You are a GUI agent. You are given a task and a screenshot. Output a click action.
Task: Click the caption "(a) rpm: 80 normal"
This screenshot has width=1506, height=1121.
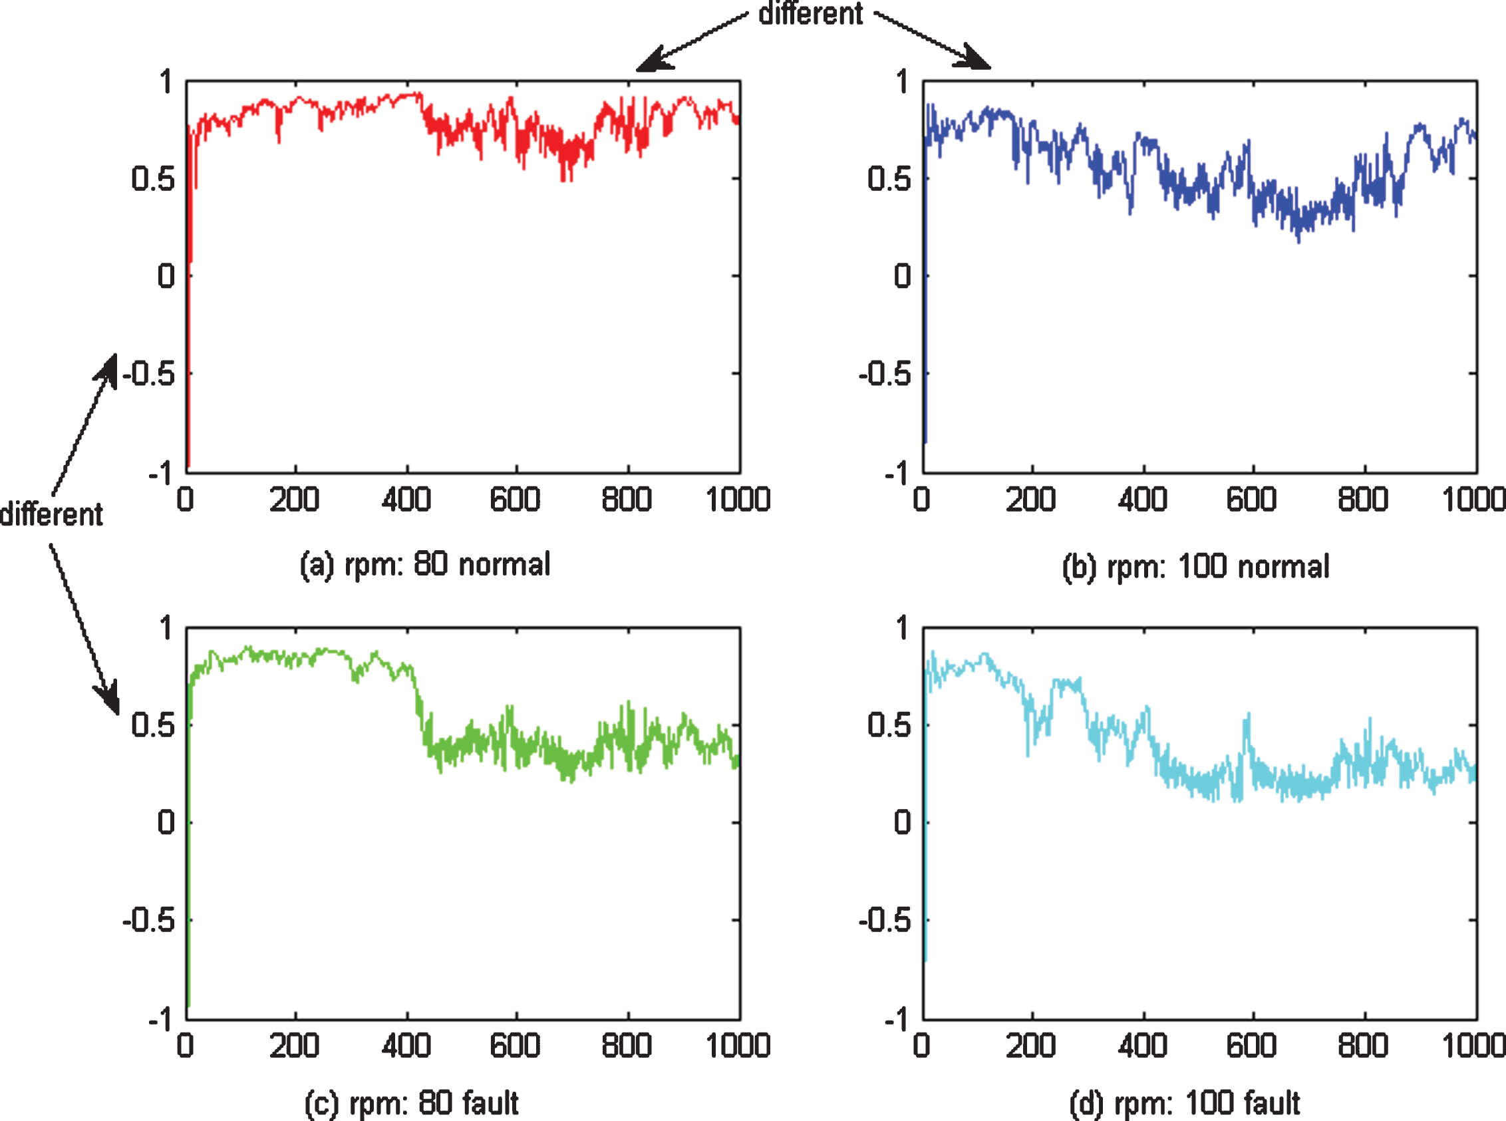coord(425,565)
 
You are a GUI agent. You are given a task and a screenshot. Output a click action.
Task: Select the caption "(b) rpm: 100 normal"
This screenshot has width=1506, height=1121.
coord(1196,567)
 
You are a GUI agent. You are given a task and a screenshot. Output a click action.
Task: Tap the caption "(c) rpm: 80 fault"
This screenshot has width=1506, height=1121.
coord(412,1102)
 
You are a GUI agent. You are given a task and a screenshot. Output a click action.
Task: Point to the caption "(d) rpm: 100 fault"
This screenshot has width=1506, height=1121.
coord(1185,1102)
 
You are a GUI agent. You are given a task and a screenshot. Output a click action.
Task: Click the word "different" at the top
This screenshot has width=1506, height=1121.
coord(811,13)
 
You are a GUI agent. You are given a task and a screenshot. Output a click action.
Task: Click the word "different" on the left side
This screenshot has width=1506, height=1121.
coord(52,514)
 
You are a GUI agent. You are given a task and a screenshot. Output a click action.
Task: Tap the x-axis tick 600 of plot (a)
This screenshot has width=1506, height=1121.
coord(515,500)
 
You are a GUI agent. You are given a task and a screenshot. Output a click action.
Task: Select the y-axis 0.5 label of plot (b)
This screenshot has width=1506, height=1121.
coord(889,178)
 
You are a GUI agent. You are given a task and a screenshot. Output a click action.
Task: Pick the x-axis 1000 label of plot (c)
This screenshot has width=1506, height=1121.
coord(738,1046)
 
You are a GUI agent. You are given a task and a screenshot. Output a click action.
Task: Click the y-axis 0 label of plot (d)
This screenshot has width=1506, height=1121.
coord(902,822)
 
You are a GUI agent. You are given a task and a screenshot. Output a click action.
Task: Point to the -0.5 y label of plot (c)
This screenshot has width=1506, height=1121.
coord(148,920)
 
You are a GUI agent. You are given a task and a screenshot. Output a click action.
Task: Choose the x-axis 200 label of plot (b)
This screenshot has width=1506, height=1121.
coord(1030,500)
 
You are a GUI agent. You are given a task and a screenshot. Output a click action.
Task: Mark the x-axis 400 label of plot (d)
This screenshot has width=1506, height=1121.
coord(1142,1046)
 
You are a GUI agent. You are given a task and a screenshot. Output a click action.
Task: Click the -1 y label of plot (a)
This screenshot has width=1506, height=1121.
coord(162,473)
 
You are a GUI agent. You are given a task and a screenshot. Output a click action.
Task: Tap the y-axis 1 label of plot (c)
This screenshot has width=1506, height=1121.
coord(166,627)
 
